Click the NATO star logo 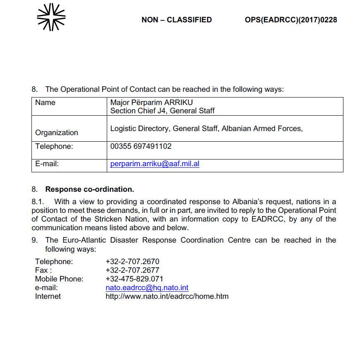51,17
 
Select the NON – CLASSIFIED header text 176,20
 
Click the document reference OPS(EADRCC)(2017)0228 290,20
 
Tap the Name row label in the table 45,102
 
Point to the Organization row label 56,133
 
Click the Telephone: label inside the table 54,146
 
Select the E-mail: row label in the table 47,164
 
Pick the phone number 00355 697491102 141,146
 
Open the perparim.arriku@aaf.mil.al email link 155,164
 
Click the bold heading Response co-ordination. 89,190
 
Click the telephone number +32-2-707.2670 132,262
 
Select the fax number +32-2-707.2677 132,270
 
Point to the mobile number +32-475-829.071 134,279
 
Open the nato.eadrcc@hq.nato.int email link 147,288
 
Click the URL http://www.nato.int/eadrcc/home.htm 167,296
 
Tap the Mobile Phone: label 59,279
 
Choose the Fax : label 43,270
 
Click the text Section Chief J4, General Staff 162,110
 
